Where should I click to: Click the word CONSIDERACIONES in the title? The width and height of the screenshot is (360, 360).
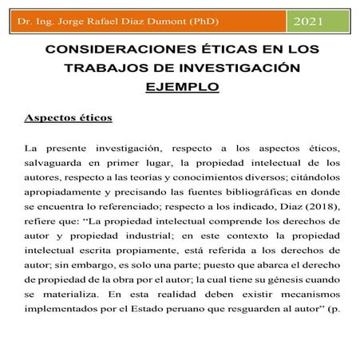115,49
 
